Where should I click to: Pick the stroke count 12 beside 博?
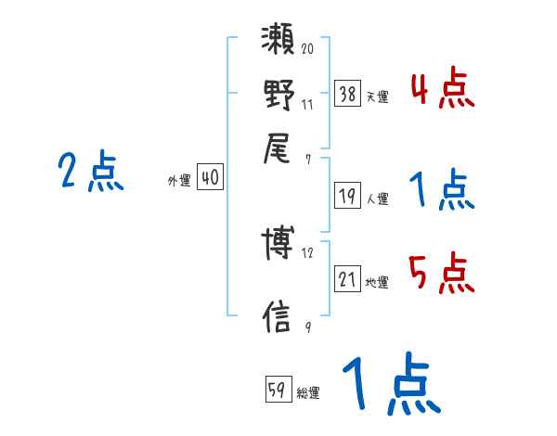point(307,252)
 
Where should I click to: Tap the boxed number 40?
point(211,178)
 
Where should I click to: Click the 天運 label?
point(376,96)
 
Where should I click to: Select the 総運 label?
point(308,392)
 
